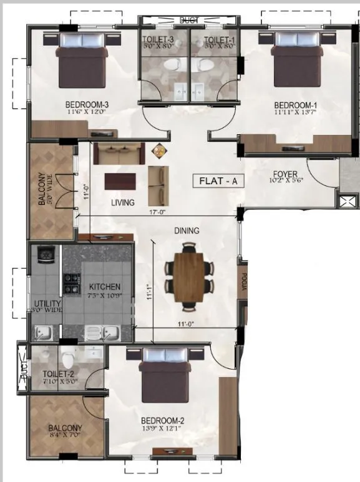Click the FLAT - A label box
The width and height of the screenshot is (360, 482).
(220, 182)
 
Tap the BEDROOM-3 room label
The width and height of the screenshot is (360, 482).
(87, 104)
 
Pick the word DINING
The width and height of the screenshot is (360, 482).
(187, 231)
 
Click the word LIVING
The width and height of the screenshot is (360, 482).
(124, 202)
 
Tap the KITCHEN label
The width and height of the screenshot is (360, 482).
(105, 287)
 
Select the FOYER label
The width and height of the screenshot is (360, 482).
(285, 174)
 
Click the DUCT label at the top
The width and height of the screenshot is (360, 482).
(188, 21)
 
